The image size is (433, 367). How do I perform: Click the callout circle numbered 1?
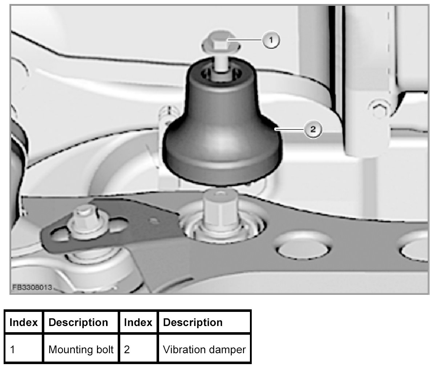click(x=271, y=40)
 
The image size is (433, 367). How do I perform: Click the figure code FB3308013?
click(x=32, y=288)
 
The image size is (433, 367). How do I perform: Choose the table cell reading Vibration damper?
click(x=205, y=350)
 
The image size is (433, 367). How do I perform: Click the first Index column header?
click(x=24, y=322)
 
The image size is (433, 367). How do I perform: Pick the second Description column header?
click(x=193, y=322)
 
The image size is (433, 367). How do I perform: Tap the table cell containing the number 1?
click(x=24, y=350)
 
